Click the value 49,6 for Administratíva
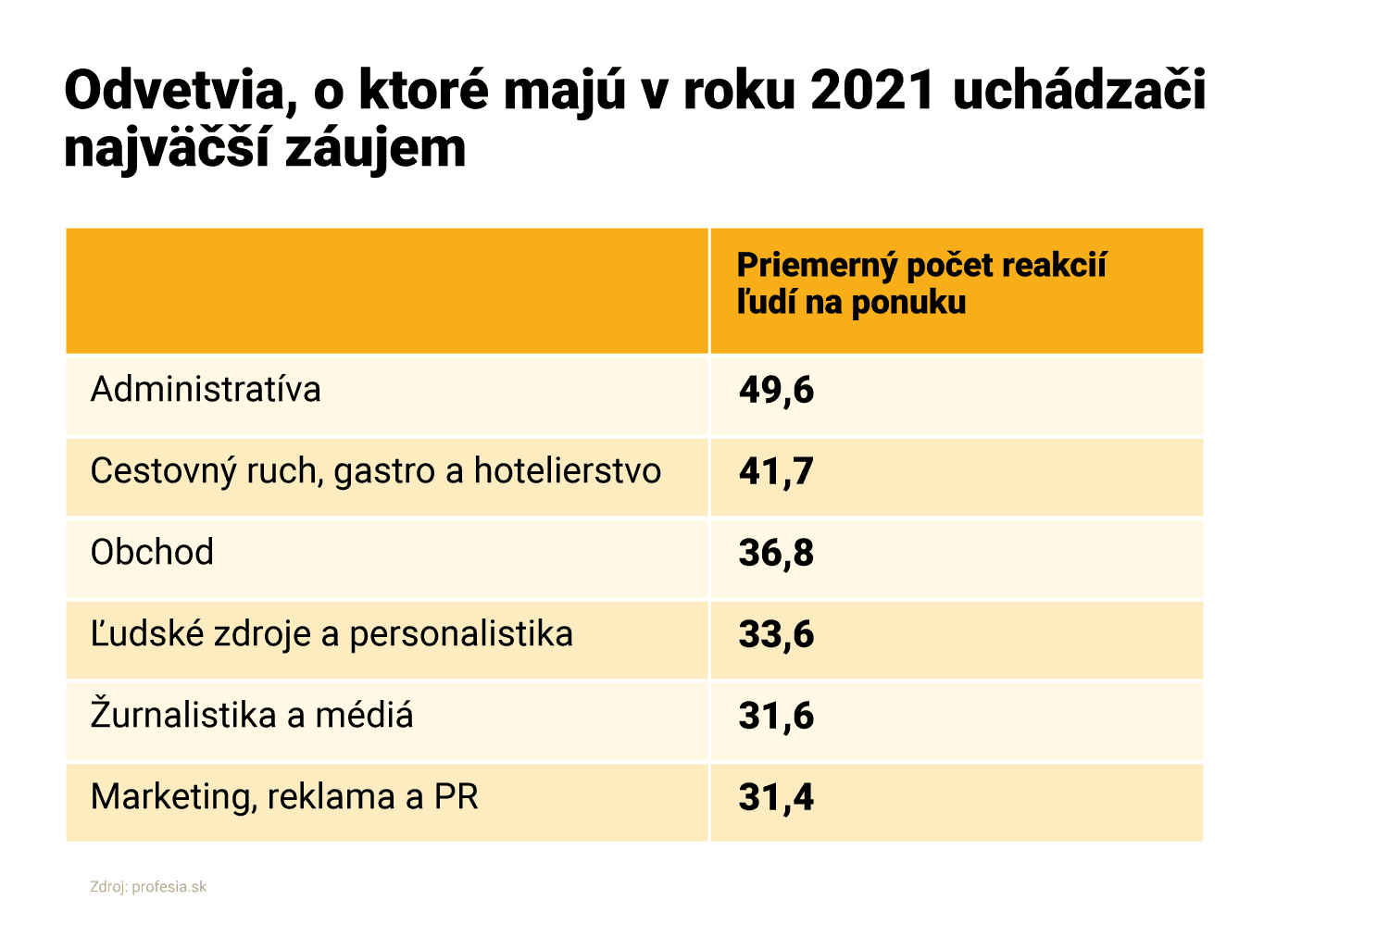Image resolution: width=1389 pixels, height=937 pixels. (776, 391)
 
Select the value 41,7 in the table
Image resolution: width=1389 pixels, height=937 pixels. (776, 472)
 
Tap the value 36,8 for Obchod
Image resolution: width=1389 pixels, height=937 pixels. (776, 554)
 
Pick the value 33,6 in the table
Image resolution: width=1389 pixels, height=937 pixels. (776, 635)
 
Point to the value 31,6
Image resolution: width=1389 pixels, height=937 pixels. (776, 717)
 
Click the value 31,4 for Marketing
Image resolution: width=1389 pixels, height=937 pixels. (776, 798)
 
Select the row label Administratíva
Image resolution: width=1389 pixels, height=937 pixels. (206, 390)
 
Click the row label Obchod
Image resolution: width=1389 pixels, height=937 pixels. (152, 553)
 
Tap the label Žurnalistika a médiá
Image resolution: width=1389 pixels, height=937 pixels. (252, 716)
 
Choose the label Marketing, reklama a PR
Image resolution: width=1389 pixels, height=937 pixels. (284, 797)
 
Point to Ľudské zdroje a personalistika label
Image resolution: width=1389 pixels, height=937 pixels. (332, 634)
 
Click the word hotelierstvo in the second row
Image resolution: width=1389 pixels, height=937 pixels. (568, 471)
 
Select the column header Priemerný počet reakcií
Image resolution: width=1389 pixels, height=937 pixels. (921, 266)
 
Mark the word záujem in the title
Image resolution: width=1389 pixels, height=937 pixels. (375, 148)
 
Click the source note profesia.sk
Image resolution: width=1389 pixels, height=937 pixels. (169, 887)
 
